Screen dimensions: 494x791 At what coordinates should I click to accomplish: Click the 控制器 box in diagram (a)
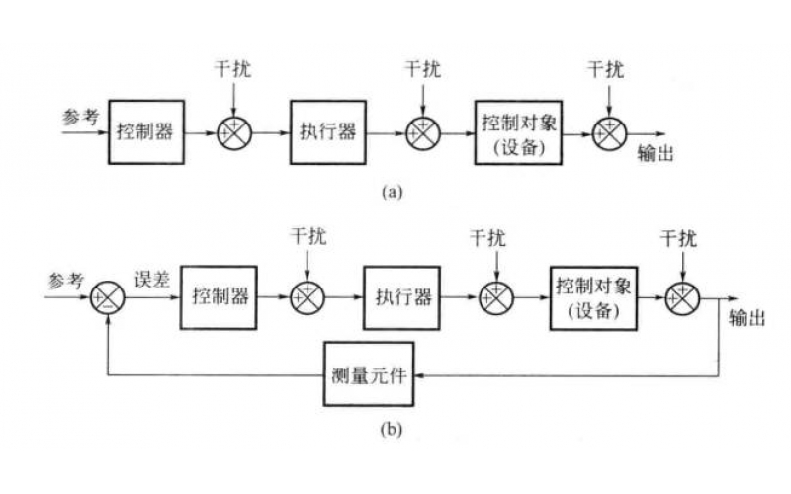point(147,130)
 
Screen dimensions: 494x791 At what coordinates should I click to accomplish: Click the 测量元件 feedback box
point(372,376)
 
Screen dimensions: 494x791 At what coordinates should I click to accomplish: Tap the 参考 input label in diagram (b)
point(64,279)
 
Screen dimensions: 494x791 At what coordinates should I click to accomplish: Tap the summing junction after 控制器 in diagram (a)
point(234,131)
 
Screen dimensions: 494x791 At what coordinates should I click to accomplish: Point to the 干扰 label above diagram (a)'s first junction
point(233,70)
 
